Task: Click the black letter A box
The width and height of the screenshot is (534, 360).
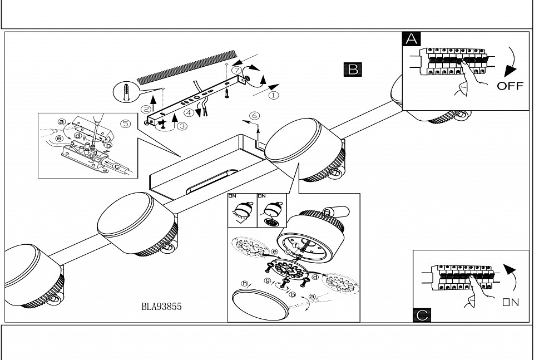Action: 412,39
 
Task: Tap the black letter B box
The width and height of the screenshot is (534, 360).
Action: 353,69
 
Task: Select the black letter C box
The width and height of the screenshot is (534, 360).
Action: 423,315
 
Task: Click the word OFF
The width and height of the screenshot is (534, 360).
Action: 510,86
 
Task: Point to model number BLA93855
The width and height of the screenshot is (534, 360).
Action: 162,306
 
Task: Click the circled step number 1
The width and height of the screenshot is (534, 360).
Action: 274,95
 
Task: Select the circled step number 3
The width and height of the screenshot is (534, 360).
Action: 182,126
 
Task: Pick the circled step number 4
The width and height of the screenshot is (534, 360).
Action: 190,113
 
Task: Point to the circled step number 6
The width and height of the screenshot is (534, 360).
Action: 254,116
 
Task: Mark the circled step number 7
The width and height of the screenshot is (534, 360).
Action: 236,71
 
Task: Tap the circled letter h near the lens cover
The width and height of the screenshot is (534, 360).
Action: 244,283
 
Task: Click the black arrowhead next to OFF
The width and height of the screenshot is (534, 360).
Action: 508,72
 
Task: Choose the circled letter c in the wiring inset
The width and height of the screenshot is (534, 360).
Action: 117,166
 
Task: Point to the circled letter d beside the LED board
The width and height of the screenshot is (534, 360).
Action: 315,277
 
